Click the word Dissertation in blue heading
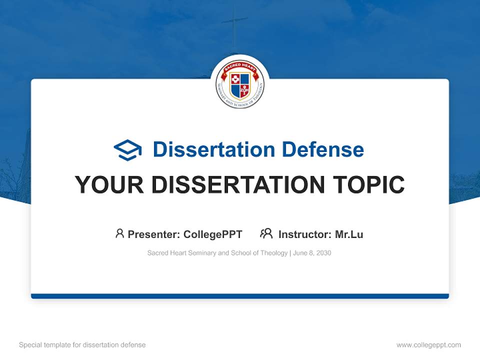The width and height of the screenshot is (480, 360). (213, 149)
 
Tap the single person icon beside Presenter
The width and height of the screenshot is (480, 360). (119, 233)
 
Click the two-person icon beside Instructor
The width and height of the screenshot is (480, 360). (266, 233)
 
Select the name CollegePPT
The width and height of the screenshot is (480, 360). (213, 234)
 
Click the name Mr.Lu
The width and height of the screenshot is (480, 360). (349, 234)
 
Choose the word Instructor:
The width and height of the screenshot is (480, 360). (304, 234)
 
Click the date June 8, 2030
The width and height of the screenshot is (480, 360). (312, 253)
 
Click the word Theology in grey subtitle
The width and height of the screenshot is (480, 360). (272, 253)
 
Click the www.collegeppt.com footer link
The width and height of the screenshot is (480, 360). (428, 345)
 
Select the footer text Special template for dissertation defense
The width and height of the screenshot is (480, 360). (82, 345)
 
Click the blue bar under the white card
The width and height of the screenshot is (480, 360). (240, 296)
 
